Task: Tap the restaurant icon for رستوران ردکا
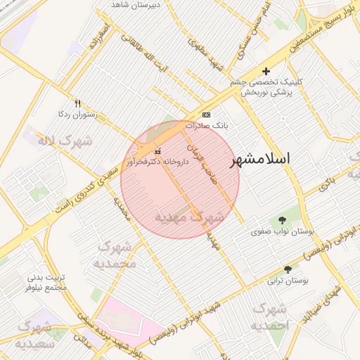(77, 102)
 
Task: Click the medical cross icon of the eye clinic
(266, 71)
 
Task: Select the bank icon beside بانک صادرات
(206, 115)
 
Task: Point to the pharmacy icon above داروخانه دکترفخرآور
(157, 150)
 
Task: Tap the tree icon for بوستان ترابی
(288, 269)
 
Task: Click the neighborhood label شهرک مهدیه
(189, 217)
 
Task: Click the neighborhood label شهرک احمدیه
(271, 317)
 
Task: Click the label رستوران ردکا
(78, 113)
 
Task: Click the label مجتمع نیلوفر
(46, 287)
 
